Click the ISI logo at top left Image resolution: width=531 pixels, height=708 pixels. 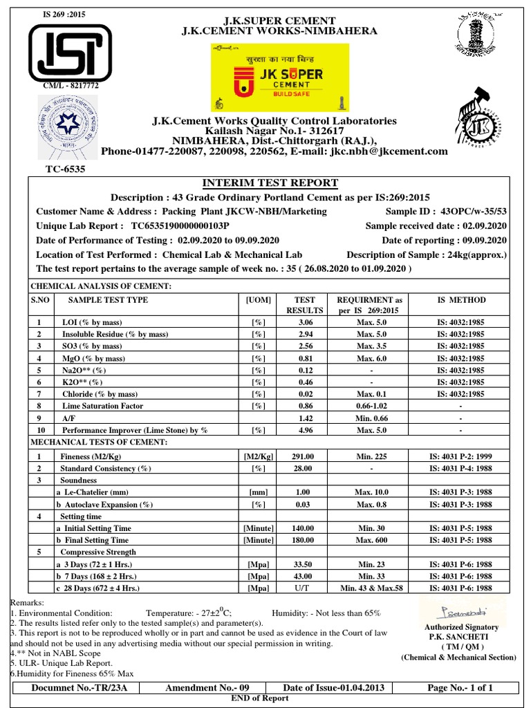(68, 51)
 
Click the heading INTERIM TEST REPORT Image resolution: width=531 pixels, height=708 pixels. (270, 183)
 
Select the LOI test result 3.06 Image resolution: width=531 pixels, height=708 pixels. (305, 322)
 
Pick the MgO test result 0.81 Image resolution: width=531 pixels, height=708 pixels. (305, 358)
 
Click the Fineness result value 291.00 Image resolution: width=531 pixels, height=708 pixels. (305, 456)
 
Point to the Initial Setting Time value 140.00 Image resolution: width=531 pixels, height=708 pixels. (305, 528)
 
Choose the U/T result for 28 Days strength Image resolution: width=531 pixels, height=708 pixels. (305, 588)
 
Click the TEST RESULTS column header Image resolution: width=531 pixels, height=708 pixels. (305, 306)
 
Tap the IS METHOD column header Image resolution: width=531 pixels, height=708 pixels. (461, 300)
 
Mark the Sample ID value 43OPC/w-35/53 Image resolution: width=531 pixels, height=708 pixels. (472, 212)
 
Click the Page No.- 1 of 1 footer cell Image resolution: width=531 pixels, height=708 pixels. (460, 688)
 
